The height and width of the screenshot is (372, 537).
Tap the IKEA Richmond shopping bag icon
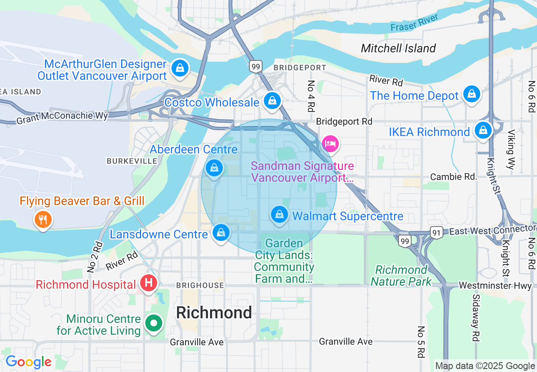[x=483, y=130]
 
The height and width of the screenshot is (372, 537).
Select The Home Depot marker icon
[x=471, y=93]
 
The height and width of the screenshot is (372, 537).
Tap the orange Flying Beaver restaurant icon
[x=43, y=219]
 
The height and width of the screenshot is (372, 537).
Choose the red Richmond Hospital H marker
[x=149, y=282]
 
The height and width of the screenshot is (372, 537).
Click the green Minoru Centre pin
[x=154, y=323]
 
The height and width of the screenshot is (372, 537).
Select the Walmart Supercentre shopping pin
[x=280, y=214]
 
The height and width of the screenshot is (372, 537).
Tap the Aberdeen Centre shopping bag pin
[x=214, y=168]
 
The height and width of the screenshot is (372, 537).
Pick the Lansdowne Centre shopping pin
[x=221, y=232]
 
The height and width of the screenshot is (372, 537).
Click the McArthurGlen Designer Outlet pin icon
[x=180, y=68]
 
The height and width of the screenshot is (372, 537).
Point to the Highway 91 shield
[x=436, y=232]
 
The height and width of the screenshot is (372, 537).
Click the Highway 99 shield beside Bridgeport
[x=256, y=66]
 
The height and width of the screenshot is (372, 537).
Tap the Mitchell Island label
[x=398, y=48]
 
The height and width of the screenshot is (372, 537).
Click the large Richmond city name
[x=214, y=313]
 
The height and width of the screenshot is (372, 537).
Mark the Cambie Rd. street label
[x=454, y=177]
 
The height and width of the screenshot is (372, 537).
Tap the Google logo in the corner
[x=28, y=362]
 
